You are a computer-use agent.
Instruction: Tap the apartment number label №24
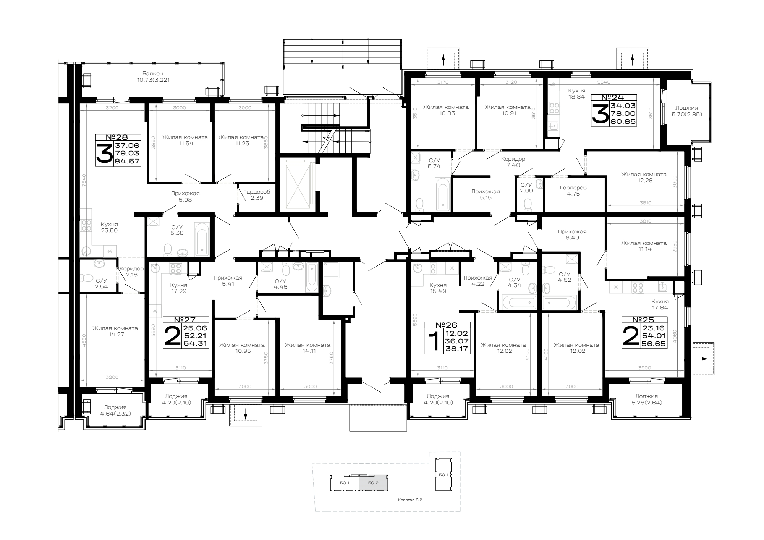coord(614,98)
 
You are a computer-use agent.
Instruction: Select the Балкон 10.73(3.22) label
coord(153,77)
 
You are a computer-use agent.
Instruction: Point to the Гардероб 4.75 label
coord(573,191)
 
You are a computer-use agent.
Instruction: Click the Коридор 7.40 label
coord(513,162)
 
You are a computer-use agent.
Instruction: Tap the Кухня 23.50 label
coord(109,228)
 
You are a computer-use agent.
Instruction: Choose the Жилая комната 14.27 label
coord(115,331)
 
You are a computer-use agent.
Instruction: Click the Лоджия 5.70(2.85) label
coord(686,111)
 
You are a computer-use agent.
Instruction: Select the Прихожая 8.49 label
coord(572,234)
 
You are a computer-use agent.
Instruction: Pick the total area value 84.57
coord(128,161)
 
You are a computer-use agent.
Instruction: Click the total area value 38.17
coord(457,349)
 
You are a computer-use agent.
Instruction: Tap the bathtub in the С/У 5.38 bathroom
coord(202,239)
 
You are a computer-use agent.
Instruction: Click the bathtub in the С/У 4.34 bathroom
coord(518,302)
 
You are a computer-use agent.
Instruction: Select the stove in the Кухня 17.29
coord(175,268)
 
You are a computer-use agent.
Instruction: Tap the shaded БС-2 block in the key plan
coord(373,483)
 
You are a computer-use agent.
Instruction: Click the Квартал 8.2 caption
coord(410,499)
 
